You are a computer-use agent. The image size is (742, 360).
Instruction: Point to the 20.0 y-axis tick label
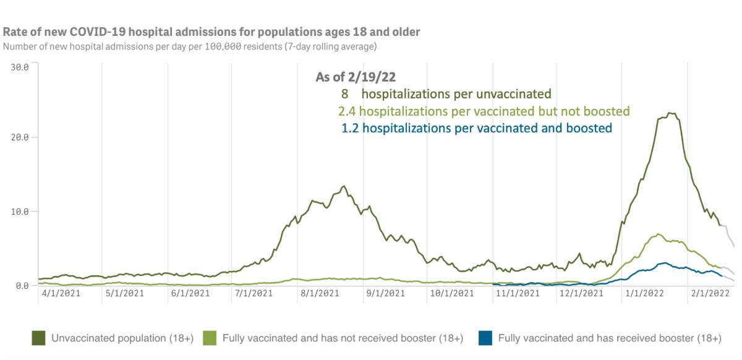(20, 137)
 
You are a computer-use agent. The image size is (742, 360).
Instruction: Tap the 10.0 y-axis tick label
(20, 211)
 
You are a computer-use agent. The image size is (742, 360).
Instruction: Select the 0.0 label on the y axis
(23, 285)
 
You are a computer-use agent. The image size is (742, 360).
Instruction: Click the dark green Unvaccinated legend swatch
(39, 338)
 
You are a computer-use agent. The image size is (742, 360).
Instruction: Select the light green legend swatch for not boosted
(210, 338)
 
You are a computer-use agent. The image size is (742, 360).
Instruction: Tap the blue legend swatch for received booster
(485, 338)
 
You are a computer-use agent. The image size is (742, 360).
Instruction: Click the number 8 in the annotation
(344, 94)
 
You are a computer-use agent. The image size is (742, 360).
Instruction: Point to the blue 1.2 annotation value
(350, 128)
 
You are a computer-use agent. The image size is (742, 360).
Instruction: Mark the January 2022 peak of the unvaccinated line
(670, 113)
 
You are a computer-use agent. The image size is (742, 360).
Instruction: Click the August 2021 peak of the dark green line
(344, 186)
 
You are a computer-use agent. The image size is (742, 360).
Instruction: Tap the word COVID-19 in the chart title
(103, 32)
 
